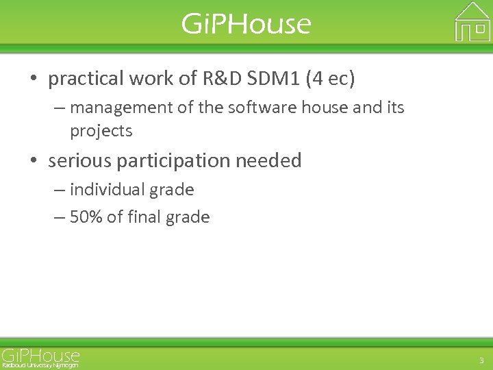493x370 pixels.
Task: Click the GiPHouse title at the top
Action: pyautogui.click(x=246, y=24)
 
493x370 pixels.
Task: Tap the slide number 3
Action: pyautogui.click(x=481, y=360)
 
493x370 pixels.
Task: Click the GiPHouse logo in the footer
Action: pyautogui.click(x=40, y=356)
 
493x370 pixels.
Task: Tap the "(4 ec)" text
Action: pyautogui.click(x=331, y=79)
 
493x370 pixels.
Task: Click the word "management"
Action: pyautogui.click(x=122, y=108)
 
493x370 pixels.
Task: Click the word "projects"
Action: pyautogui.click(x=101, y=131)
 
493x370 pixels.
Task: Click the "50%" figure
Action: pyautogui.click(x=86, y=217)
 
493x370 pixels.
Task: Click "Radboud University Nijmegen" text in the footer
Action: pyautogui.click(x=40, y=366)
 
